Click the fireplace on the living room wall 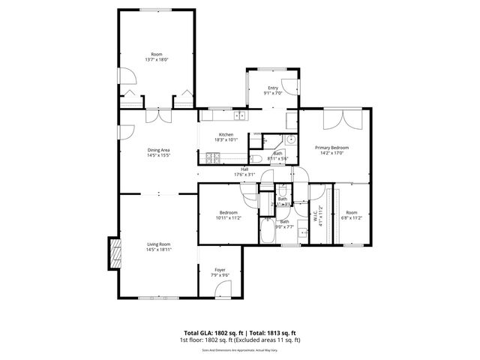coord(115,253)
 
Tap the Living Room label coord(157,244)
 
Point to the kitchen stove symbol coord(213,158)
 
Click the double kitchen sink coord(239,115)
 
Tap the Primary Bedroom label coord(331,148)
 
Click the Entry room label coord(273,88)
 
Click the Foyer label coord(220,269)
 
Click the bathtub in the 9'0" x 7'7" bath coord(267,233)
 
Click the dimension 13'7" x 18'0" coord(157,60)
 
